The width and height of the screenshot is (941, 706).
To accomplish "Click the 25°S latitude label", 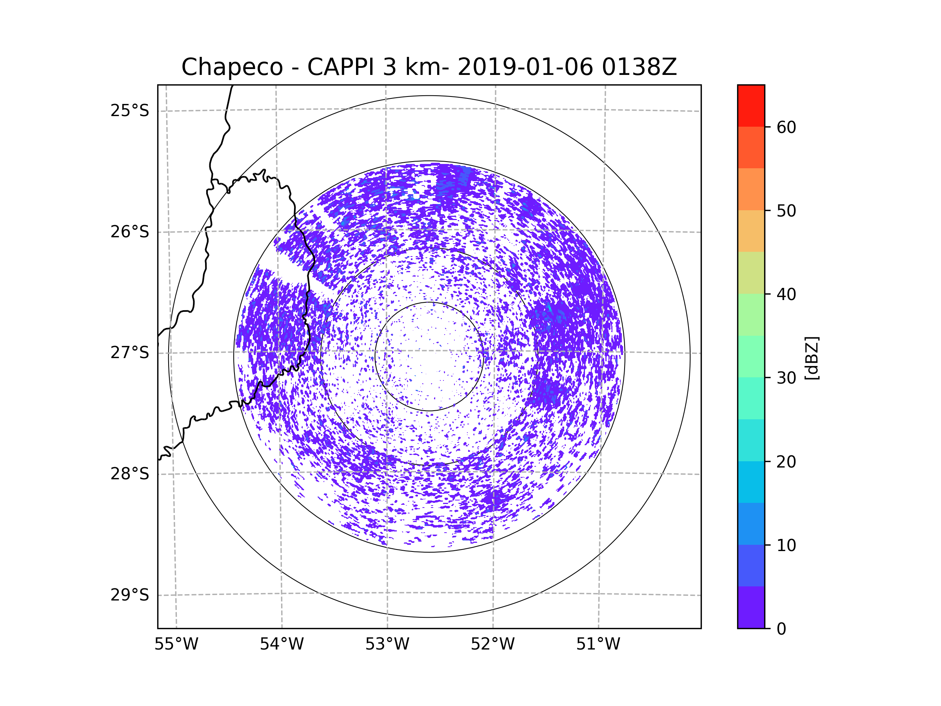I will [130, 111].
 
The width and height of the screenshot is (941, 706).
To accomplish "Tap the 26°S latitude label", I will [130, 232].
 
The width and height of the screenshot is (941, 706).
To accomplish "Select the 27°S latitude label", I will [130, 353].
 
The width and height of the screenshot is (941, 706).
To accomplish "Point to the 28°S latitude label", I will [130, 474].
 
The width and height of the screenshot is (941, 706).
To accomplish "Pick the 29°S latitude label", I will [130, 595].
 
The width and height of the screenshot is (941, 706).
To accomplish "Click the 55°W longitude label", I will [176, 644].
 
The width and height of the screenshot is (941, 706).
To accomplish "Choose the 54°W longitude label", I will [282, 644].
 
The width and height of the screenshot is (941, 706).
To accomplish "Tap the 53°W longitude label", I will [387, 644].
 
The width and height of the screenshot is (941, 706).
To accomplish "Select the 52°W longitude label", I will [492, 644].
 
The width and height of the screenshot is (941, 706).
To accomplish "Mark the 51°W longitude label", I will [598, 644].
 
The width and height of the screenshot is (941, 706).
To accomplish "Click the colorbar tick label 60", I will [786, 127].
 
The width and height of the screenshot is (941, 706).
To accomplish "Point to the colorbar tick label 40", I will [786, 295].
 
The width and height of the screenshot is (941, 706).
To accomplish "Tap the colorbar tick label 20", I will [786, 462].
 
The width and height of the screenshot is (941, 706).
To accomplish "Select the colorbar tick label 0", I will [781, 629].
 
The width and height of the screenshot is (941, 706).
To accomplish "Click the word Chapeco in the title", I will [232, 67].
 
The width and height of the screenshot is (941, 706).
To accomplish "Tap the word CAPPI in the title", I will [341, 67].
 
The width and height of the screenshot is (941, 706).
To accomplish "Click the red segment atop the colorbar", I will [751, 106].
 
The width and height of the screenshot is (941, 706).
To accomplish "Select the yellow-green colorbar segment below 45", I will [751, 273].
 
